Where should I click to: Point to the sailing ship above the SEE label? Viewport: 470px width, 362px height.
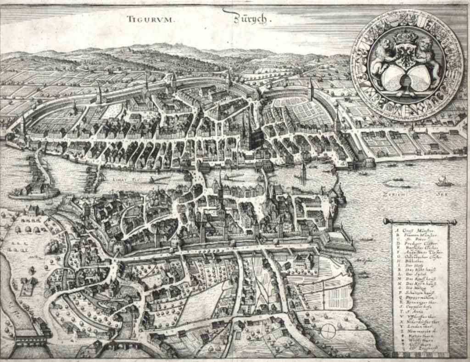[443, 181]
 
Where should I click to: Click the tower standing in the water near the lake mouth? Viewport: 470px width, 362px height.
[303, 172]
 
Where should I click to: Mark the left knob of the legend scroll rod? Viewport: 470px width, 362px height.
[385, 221]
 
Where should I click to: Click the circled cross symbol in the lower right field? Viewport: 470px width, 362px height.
[328, 330]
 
